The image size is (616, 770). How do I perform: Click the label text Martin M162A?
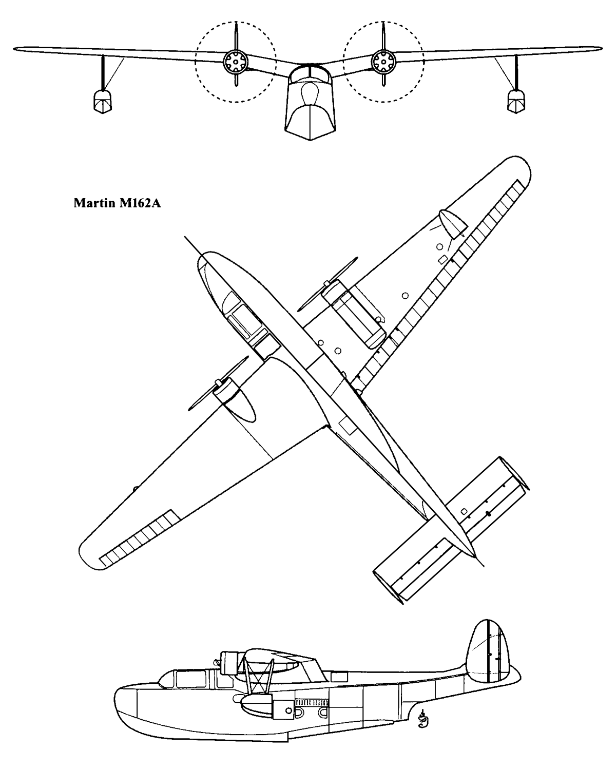117,203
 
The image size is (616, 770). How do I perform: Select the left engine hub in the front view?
236,62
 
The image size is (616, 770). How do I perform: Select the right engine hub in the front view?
383,62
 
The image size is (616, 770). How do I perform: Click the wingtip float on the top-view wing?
452,224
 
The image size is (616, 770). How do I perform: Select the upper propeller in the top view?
327,284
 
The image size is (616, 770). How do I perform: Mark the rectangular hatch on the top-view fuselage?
346,426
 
